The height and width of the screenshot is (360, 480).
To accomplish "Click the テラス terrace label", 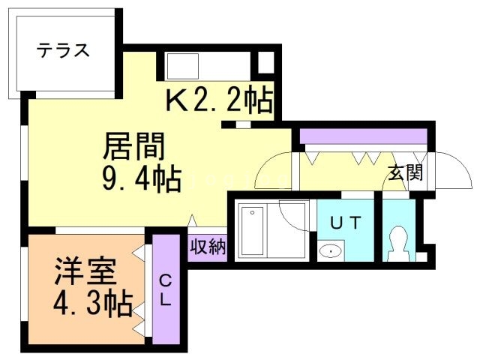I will tap(64, 51).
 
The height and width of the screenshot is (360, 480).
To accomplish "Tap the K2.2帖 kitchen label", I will tap(218, 100).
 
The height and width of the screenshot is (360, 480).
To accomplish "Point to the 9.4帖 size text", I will tap(140, 179).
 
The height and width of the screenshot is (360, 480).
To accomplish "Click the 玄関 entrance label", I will tap(405, 173).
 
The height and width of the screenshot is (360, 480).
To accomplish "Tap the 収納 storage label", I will tap(207, 247).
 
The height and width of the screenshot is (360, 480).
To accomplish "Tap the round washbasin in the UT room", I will tap(328, 250).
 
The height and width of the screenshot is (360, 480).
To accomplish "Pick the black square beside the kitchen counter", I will tap(265, 61).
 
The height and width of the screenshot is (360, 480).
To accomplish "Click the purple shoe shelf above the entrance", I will tap(363, 136).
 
